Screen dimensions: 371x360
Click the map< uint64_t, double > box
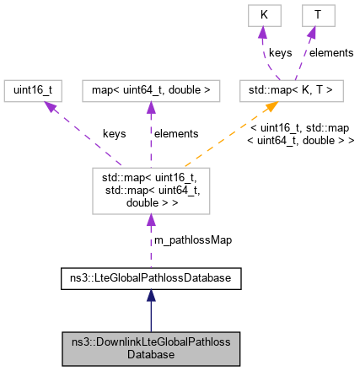pyautogui.click(x=151, y=90)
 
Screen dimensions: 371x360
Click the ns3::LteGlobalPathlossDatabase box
pyautogui.click(x=151, y=276)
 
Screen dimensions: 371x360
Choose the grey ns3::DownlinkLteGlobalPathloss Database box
pyautogui.click(x=151, y=349)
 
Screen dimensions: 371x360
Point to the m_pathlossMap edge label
pyautogui.click(x=191, y=239)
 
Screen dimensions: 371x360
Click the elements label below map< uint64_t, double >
pyautogui.click(x=175, y=133)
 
